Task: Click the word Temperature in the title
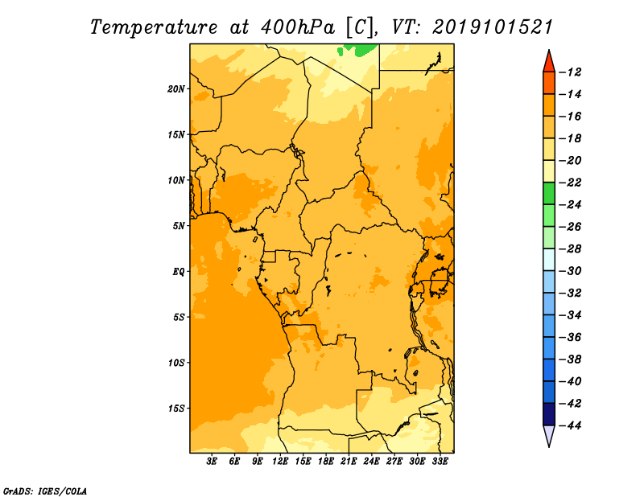tap(154, 27)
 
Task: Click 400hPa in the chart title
tap(297, 27)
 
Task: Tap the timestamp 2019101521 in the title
tap(493, 27)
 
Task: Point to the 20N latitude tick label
tap(176, 89)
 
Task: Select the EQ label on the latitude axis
tap(178, 272)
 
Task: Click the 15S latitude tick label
tap(176, 409)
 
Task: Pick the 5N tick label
tap(179, 226)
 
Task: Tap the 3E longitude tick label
tap(212, 462)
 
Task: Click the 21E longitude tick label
tap(349, 462)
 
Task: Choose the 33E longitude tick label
tap(440, 462)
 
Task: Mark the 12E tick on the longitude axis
tap(280, 462)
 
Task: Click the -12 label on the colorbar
tap(570, 72)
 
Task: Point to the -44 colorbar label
tap(570, 425)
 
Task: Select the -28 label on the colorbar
tap(570, 249)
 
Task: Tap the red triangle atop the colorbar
tap(549, 61)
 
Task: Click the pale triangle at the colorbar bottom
tap(549, 436)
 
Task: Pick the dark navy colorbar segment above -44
tap(549, 414)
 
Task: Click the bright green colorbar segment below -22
tap(549, 194)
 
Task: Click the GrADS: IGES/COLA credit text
tap(45, 491)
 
